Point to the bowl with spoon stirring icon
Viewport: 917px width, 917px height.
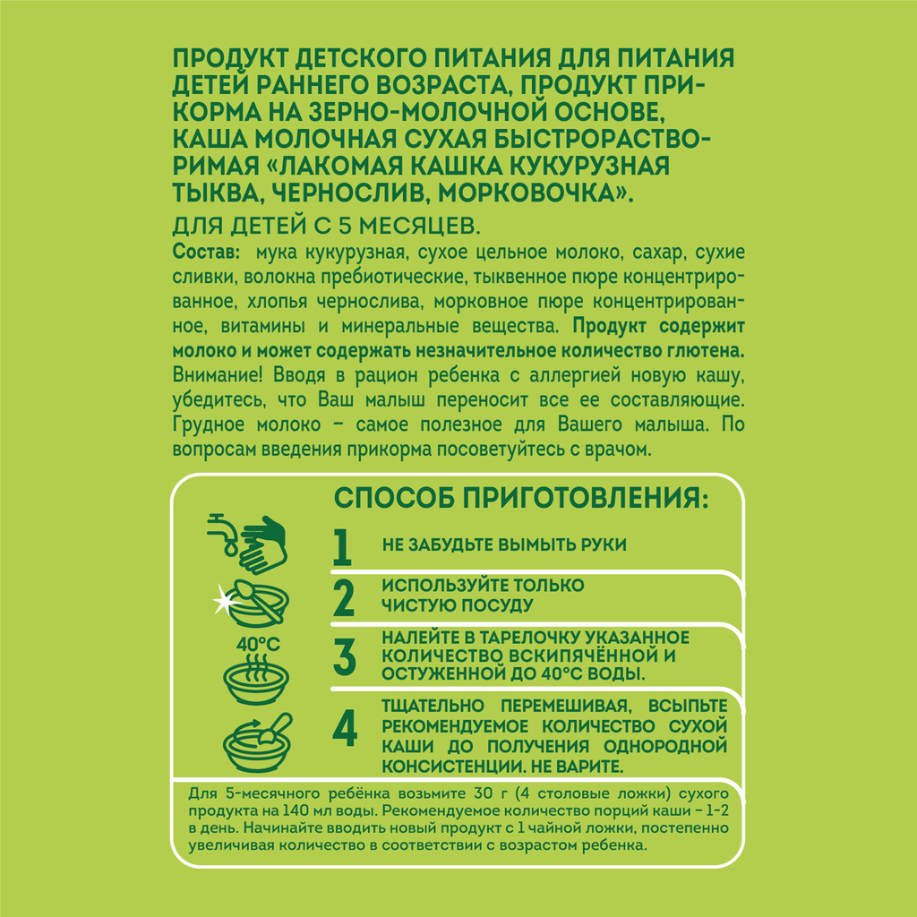(x=257, y=742)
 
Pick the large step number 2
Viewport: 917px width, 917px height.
(x=344, y=597)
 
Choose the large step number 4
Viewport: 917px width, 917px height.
(x=345, y=728)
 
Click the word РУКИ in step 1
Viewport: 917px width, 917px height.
(x=603, y=544)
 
